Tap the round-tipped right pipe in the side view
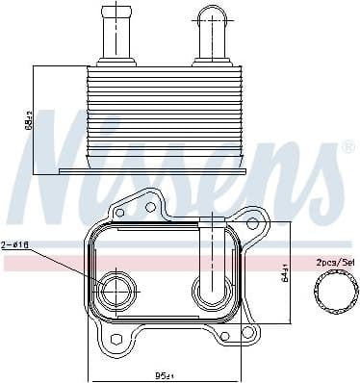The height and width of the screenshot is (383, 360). tap(212, 35)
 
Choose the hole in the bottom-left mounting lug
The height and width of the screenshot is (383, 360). tap(112, 342)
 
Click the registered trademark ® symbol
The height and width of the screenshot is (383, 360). tap(347, 147)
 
